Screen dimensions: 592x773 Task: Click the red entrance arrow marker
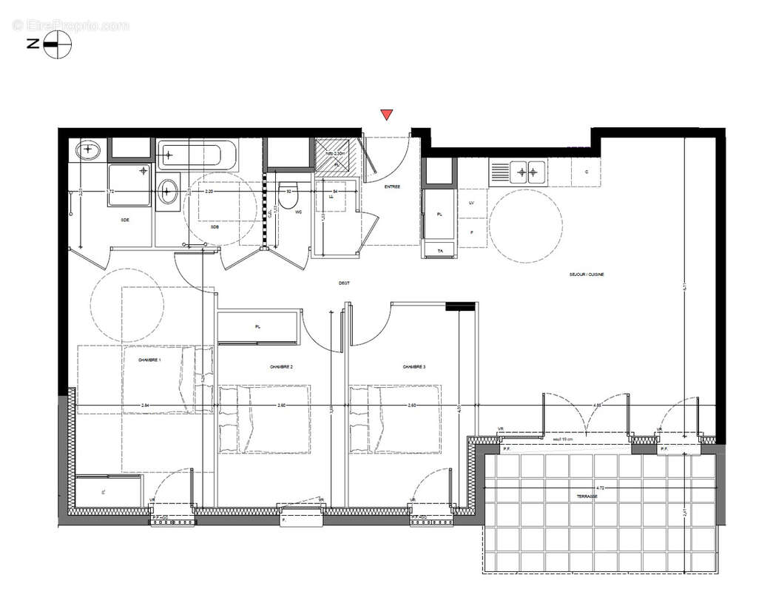coord(386,115)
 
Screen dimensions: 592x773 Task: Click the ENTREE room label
coord(391,186)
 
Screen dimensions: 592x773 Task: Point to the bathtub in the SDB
coord(198,155)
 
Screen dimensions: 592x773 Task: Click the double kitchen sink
coord(527,172)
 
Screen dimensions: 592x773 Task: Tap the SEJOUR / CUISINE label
coord(587,275)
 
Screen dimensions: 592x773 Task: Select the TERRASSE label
coord(588,497)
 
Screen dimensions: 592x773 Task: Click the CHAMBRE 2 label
coord(281,367)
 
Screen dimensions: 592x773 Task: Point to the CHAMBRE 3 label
coord(413,366)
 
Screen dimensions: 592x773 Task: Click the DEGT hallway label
coord(344,282)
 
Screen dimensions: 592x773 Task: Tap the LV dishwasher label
coord(471,202)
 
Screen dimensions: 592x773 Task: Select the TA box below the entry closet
coord(439,252)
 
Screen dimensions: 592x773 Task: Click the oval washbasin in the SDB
coord(169,193)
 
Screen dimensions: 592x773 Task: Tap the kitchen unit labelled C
coord(587,172)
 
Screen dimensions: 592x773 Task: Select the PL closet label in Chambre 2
coord(257,326)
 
